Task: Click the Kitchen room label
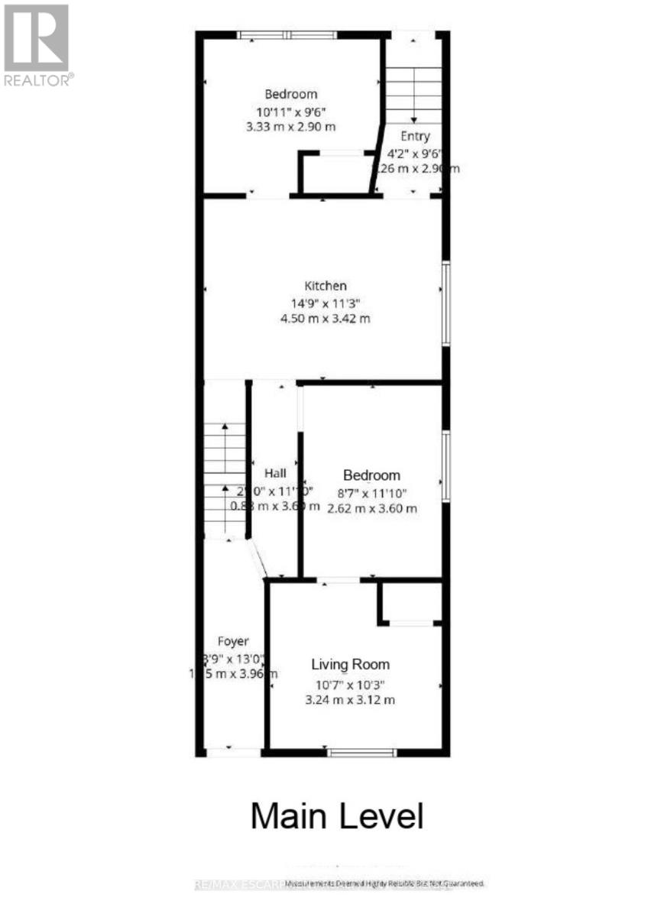tap(326, 286)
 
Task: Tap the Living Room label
tap(351, 665)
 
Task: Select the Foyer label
tap(233, 641)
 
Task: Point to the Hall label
tap(275, 474)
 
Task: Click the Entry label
tap(415, 137)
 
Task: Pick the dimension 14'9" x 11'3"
tap(326, 303)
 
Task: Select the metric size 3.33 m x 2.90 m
tap(291, 126)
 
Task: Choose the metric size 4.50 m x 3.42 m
tap(326, 319)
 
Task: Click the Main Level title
tap(336, 816)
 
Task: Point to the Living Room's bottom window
tap(361, 753)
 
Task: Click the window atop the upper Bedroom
tap(287, 34)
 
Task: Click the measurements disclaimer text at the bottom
tap(385, 883)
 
